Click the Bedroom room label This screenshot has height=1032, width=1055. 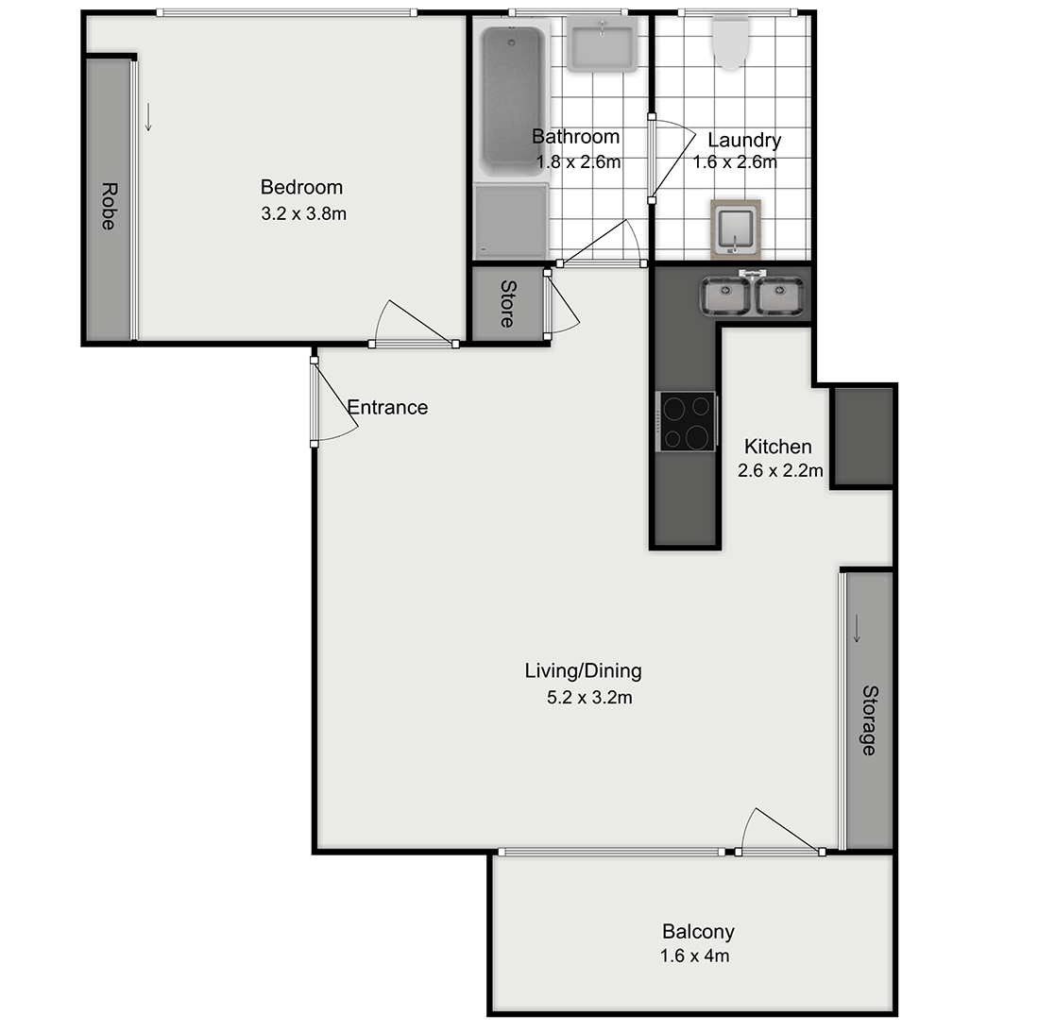tap(301, 187)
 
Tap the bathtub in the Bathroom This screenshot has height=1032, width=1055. tap(513, 94)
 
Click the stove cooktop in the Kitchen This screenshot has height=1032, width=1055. tap(687, 422)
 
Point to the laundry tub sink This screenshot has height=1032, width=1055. tap(736, 228)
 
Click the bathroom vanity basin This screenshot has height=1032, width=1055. tap(601, 47)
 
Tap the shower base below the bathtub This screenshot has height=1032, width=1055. tap(511, 221)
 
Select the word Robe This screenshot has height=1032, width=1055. tap(108, 206)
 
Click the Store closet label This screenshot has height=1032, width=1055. tap(507, 304)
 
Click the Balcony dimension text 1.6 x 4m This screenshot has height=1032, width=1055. tap(694, 956)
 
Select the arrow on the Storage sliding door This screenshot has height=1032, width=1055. tap(857, 628)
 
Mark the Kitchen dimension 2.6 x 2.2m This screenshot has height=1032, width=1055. tap(780, 470)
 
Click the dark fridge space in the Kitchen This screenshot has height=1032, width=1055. tap(862, 436)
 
